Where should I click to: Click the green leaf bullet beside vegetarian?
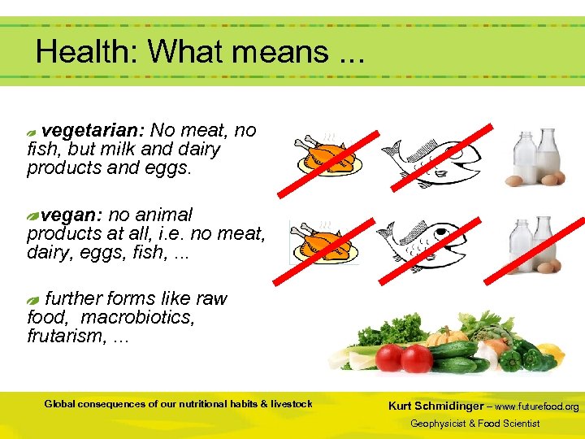coord(32,132)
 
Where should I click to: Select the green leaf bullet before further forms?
coord(32,301)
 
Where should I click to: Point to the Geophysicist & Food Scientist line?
coord(474,424)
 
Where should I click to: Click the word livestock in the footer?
coord(291,404)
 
